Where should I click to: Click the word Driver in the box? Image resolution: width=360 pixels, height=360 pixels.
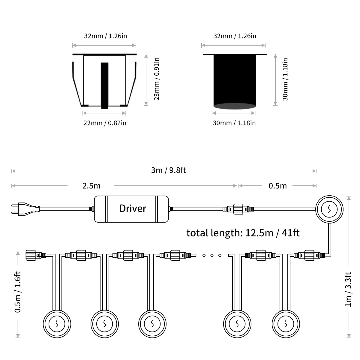coord(133,208)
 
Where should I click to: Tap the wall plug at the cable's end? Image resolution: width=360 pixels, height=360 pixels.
coord(25,209)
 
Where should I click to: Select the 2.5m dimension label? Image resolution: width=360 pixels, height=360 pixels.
coord(91,186)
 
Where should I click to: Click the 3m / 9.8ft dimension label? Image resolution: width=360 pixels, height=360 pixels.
coord(169,170)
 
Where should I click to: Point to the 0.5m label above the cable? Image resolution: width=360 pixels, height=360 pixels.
coord(277,186)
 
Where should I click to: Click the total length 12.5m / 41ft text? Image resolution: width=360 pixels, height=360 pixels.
coord(243,233)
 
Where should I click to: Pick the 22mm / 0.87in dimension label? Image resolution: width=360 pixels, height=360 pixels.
coord(105,123)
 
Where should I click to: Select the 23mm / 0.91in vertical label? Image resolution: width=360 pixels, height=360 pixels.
coord(157,79)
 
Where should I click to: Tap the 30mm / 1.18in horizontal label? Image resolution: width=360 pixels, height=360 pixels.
coord(234,123)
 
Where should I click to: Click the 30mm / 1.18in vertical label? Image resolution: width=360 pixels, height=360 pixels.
coord(285,79)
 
